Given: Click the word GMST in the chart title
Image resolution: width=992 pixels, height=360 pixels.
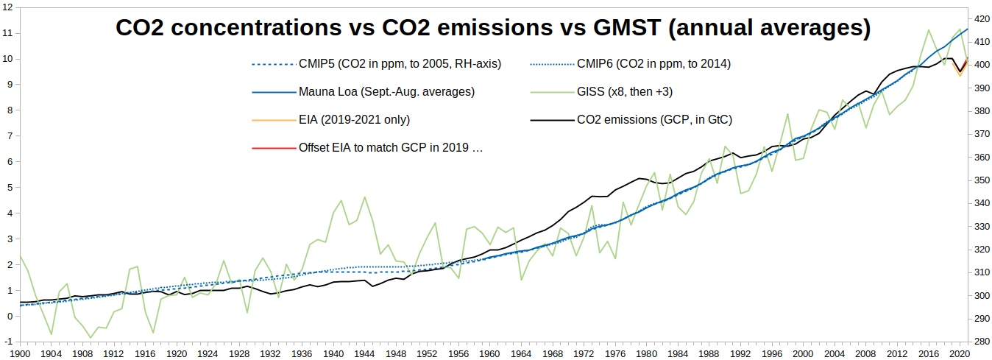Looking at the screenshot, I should pos(618,29).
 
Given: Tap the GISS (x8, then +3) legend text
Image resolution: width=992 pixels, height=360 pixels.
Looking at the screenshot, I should pos(625,92).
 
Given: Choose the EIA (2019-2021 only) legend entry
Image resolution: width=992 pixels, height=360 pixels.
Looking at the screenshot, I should pos(354,119).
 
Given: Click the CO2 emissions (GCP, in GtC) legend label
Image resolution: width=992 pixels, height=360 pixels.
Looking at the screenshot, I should pos(654,119).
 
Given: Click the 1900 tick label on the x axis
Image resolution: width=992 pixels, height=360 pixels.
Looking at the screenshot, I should pos(20,353).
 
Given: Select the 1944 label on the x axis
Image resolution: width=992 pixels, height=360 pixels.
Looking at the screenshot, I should pos(366,353).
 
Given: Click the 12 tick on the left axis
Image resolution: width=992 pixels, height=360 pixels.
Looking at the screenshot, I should pos(7,7).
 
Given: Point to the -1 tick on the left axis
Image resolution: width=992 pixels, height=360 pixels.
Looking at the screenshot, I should pos(7,342).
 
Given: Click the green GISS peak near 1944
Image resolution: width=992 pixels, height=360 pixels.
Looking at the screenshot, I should pos(365,197).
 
